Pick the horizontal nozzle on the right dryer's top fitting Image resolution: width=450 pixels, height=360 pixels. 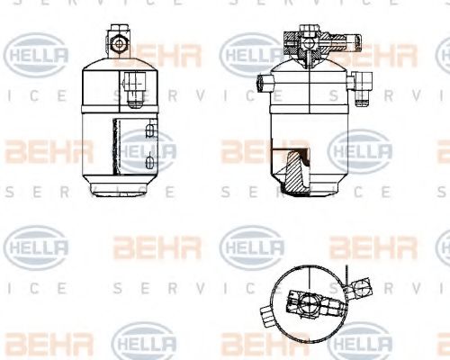337,40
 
